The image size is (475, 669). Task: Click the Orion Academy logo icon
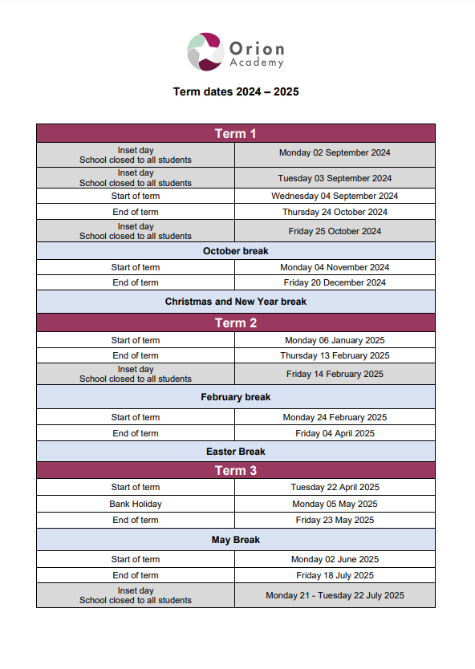click(x=205, y=52)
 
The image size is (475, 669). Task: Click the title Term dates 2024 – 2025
click(x=236, y=92)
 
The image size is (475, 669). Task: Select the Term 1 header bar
click(x=236, y=133)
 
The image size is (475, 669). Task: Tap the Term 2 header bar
click(x=236, y=323)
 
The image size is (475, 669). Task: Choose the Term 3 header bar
click(x=236, y=470)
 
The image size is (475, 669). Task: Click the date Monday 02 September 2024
click(x=335, y=152)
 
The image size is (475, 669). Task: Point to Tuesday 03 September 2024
click(x=335, y=178)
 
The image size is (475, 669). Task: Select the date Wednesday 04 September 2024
click(x=335, y=196)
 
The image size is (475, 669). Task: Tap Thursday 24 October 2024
click(x=335, y=212)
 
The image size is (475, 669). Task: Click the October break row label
click(x=236, y=251)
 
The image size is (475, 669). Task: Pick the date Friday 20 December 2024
click(x=335, y=282)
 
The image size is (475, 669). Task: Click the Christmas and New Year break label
click(x=236, y=302)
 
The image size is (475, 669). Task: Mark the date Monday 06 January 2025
click(x=335, y=340)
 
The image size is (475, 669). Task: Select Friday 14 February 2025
click(x=335, y=374)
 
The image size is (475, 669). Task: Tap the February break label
click(x=236, y=397)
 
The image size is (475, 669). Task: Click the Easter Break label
click(x=236, y=452)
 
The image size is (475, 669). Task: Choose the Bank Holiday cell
click(x=136, y=504)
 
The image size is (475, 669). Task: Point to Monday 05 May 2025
click(x=335, y=504)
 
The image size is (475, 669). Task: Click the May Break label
click(x=236, y=540)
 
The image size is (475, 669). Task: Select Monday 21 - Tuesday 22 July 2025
click(x=335, y=595)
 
